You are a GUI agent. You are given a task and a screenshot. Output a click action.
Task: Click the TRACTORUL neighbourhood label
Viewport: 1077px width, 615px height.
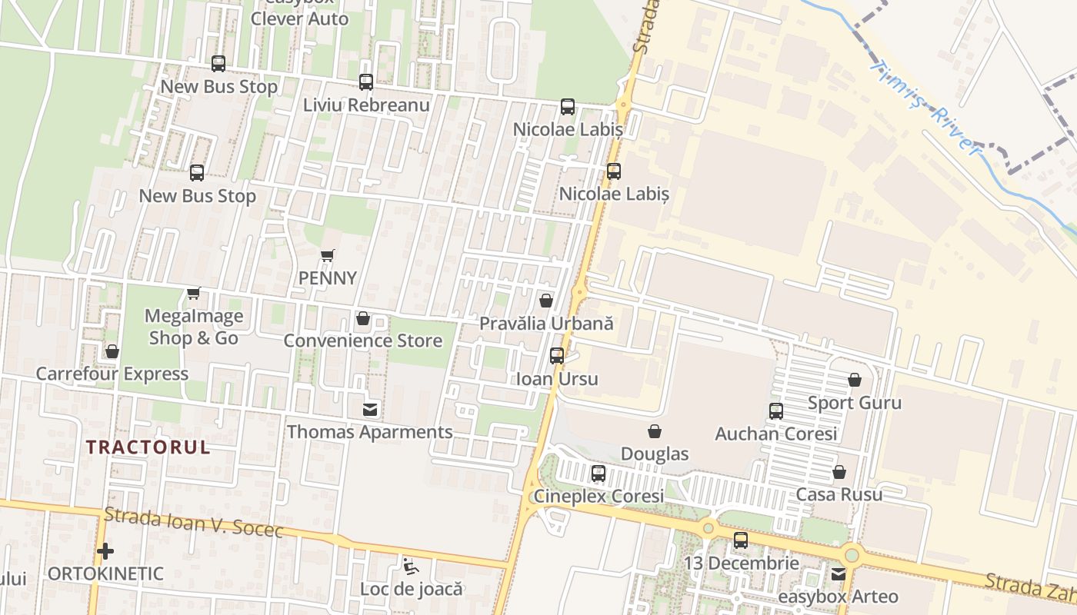coord(148,447)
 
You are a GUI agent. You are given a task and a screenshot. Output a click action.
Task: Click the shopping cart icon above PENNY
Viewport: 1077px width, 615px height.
coord(328,255)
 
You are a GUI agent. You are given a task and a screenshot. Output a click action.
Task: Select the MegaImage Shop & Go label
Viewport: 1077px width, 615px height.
coord(194,327)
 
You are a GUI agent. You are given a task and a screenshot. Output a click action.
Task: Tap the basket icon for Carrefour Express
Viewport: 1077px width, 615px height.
coord(112,352)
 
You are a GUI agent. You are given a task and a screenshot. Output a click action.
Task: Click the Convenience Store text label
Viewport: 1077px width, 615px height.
coord(363,341)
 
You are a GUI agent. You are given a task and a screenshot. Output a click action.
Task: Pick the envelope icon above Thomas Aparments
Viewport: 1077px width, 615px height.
coord(370,410)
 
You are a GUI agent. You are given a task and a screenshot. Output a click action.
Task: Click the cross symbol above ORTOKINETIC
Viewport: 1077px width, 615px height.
coord(105,551)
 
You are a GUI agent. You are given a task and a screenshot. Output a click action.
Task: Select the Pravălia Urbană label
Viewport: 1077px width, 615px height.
coord(546,324)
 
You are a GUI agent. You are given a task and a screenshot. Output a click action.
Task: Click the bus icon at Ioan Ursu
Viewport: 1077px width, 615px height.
coord(557,356)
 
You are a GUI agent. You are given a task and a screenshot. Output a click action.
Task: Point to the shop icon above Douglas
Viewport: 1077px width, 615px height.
coord(655,431)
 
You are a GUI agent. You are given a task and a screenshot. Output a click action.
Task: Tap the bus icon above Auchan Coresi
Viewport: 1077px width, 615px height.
coord(776,411)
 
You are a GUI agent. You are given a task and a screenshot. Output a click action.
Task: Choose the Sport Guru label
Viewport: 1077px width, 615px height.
coord(854,403)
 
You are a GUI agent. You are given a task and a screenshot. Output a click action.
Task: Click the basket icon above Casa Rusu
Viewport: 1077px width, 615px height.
coord(839,472)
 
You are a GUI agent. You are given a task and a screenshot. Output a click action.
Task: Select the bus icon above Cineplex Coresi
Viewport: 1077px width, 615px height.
coord(599,474)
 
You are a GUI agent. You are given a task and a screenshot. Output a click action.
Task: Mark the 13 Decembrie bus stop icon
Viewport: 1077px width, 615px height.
coord(741,540)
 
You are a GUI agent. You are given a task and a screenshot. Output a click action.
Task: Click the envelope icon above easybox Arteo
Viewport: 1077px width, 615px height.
coord(839,573)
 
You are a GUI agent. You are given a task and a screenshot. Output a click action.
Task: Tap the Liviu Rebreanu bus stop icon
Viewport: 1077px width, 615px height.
coord(366,82)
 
